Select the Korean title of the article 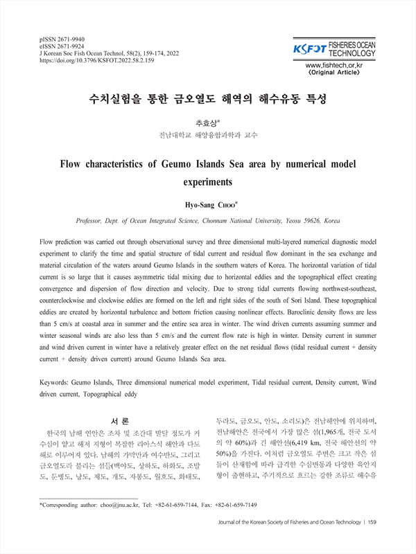pyautogui.click(x=208, y=99)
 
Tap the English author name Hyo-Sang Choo pyautogui.click(x=208, y=205)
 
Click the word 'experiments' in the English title pyautogui.click(x=208, y=183)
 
